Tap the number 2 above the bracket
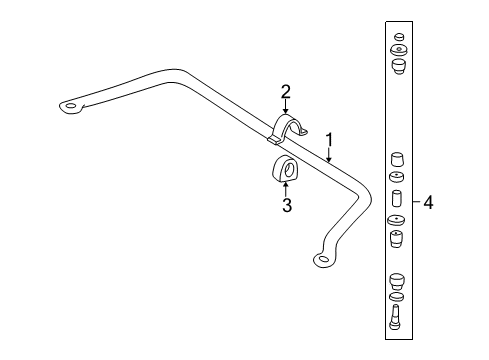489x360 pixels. click(286, 93)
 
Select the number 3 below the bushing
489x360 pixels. click(286, 207)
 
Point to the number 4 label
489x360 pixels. click(428, 203)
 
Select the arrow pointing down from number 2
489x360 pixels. click(286, 109)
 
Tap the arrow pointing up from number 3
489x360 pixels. click(286, 190)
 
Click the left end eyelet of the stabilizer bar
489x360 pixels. click(70, 105)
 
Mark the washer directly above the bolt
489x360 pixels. click(396, 297)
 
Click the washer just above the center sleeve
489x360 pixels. click(396, 178)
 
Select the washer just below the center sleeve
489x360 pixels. click(396, 220)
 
